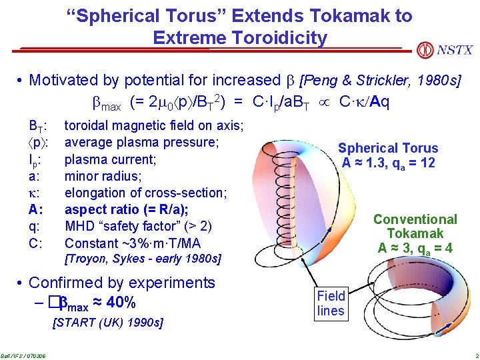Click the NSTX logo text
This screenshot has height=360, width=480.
coord(455,50)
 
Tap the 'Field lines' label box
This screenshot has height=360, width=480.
coord(331,303)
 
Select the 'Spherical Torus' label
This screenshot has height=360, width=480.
coord(388,148)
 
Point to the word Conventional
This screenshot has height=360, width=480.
coord(415,219)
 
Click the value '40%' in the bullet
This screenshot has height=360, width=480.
coord(122,303)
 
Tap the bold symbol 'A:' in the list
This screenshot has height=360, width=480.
coord(36,209)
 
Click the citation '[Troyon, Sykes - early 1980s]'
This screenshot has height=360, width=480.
coord(143,258)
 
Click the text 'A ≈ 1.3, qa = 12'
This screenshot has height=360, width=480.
coord(388,163)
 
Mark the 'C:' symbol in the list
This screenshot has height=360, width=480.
coord(36,243)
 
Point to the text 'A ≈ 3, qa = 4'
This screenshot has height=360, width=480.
coord(415,249)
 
